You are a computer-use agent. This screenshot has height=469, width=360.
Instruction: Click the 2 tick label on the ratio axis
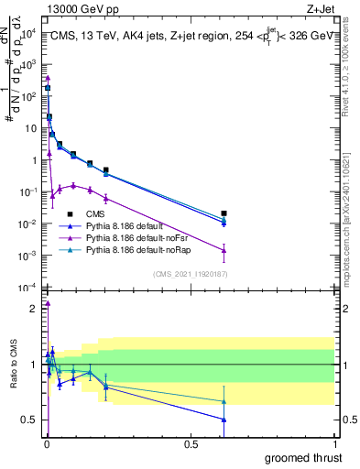(32, 309)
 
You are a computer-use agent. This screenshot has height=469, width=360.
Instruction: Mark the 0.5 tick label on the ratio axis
(28, 420)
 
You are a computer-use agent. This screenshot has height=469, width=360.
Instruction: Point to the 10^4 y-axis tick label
(28, 33)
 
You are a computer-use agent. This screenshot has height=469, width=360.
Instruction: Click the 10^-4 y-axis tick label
(27, 288)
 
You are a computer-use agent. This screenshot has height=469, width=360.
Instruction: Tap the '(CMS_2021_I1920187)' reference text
(191, 274)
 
